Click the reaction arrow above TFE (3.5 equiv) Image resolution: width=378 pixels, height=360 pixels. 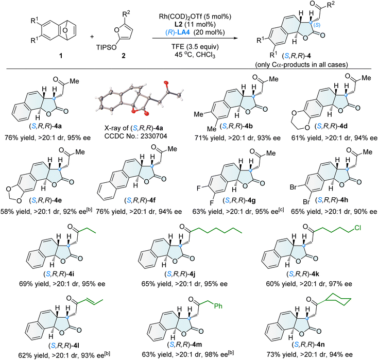coord(195,38)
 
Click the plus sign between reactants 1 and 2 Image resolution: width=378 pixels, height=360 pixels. coord(92,37)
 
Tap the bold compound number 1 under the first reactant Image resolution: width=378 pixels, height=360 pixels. coord(61,56)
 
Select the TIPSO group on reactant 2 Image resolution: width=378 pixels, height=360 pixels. coord(106,47)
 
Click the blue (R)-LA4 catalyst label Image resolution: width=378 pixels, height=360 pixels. coord(178,32)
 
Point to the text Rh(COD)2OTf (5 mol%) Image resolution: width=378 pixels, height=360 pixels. coord(195,16)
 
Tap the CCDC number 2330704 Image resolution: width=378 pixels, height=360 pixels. coord(136,136)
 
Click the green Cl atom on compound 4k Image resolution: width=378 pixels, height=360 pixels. coord(357,227)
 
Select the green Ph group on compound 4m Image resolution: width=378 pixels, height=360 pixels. coord(218,306)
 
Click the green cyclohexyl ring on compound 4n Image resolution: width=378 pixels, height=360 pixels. coord(337,299)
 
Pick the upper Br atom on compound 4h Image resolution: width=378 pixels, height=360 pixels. coord(294,187)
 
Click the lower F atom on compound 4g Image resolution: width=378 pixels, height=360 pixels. coord(212,202)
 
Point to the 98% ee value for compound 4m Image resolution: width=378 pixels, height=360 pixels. coord(216,355)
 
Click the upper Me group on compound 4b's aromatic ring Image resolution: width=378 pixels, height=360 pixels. coord(199,114)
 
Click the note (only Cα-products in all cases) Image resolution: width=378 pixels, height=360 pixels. coord(302,64)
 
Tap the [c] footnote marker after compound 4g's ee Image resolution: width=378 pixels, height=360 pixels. coord(281,210)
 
